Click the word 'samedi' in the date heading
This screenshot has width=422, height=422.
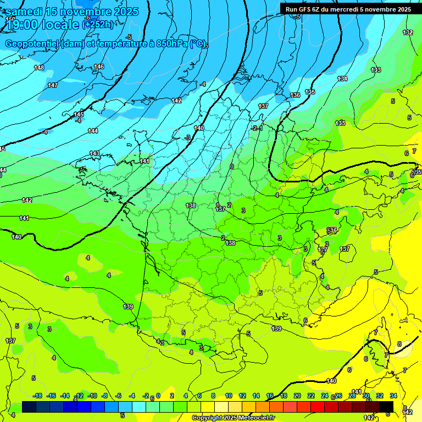click(x=24, y=12)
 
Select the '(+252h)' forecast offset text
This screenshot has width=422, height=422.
click(x=98, y=25)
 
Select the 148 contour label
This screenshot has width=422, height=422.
click(x=39, y=68)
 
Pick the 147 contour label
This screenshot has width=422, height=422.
click(x=53, y=85)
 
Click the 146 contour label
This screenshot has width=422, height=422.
click(x=99, y=66)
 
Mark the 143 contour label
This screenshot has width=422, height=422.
click(x=95, y=153)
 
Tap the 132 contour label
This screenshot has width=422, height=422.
click(x=408, y=32)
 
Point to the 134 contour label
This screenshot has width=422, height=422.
click(x=342, y=79)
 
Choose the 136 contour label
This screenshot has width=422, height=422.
click(x=296, y=95)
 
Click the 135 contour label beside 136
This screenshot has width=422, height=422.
click(x=310, y=92)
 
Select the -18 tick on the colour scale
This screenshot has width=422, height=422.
click(x=37, y=396)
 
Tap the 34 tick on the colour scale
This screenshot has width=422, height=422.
click(x=393, y=396)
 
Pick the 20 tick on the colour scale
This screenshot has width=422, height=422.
click(x=297, y=396)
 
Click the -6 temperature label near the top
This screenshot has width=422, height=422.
click(x=87, y=18)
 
